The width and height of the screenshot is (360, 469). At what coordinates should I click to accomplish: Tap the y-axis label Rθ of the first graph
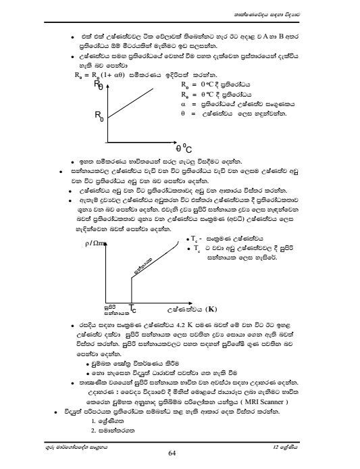point(99,84)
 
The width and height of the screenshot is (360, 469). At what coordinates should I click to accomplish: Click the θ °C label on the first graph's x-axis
point(184,148)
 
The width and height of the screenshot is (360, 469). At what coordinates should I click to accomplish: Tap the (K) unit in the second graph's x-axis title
point(214,309)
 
